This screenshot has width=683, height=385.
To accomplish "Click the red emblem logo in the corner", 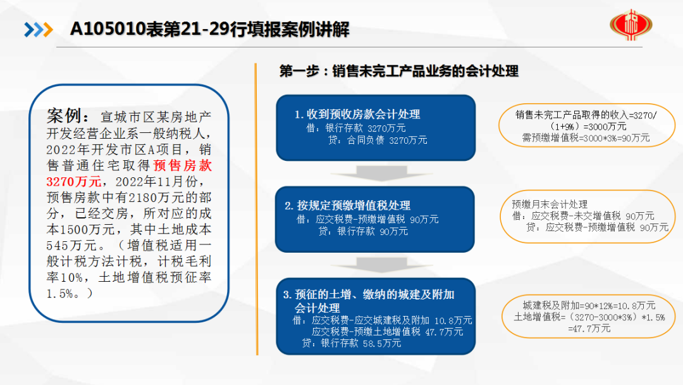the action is coord(631,25).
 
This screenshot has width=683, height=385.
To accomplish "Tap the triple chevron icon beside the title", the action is coord(39,30).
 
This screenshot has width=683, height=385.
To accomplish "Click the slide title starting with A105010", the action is coord(209,30).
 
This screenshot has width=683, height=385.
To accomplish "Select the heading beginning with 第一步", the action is coord(398,71).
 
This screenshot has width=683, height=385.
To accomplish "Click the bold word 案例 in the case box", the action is coord(64,115).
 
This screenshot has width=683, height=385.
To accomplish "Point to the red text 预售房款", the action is coord(183,165).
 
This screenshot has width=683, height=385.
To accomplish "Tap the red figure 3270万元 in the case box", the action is coord(73,181).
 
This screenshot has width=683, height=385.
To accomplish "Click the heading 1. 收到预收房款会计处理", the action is coord(357,114).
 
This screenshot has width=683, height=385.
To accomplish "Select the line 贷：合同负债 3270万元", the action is coord(377,140).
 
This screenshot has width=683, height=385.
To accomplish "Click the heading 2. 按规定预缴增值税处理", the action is coord(347,205).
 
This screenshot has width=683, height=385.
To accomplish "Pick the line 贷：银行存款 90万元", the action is coord(363,231).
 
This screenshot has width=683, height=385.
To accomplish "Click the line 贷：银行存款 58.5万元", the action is coord(352,343).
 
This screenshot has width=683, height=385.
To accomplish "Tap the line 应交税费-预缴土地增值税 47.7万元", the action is coord(387,332).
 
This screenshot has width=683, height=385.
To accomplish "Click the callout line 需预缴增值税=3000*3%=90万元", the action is coord(586,138).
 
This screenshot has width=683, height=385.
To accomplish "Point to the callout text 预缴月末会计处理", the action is coord(550,204).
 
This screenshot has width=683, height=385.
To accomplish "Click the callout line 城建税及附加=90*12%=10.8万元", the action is coord(589,305).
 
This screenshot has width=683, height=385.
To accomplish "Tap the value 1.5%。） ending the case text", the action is coord(70,293).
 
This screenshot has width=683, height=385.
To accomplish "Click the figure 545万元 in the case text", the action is coord(72,245).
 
